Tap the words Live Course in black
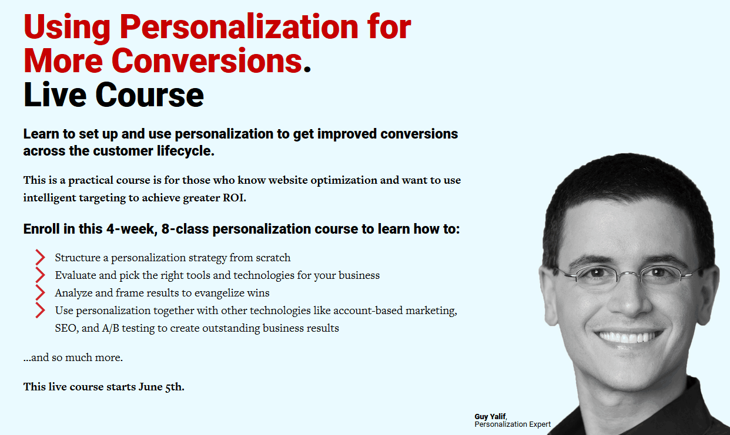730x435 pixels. [x=113, y=95]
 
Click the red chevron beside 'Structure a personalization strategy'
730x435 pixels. [x=40, y=257]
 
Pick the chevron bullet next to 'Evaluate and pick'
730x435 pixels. [x=40, y=275]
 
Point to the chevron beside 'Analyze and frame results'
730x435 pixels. [x=40, y=292]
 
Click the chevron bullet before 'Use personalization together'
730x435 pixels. [x=40, y=310]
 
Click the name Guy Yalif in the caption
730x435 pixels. [x=490, y=417]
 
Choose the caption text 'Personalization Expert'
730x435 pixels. [x=513, y=424]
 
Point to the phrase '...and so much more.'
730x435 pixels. [x=73, y=358]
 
